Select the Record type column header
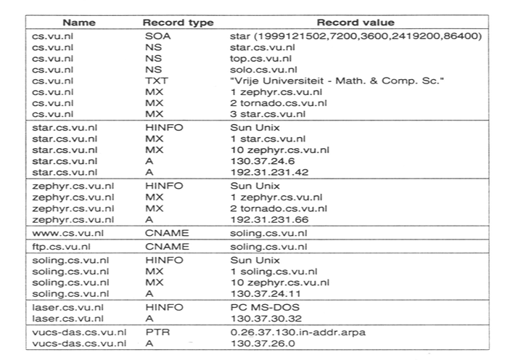coord(178,22)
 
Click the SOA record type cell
coord(155,35)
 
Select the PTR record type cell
coord(153,332)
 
